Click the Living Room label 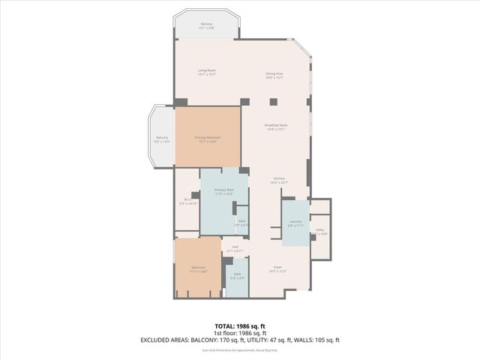[x=207, y=72]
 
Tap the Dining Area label [x=274, y=74]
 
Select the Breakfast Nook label [x=277, y=126]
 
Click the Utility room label [x=319, y=231]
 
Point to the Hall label [x=235, y=248]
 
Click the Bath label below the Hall [x=237, y=275]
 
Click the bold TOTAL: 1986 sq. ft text [x=240, y=325]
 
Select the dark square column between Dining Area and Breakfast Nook [x=274, y=102]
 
